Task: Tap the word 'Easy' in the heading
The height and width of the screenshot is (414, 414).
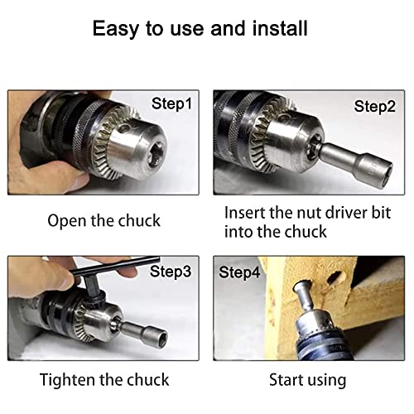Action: [115, 29]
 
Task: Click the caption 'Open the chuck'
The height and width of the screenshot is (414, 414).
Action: [103, 220]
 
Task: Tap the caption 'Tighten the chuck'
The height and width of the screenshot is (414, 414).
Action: [105, 380]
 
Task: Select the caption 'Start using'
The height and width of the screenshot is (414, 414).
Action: [307, 380]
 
